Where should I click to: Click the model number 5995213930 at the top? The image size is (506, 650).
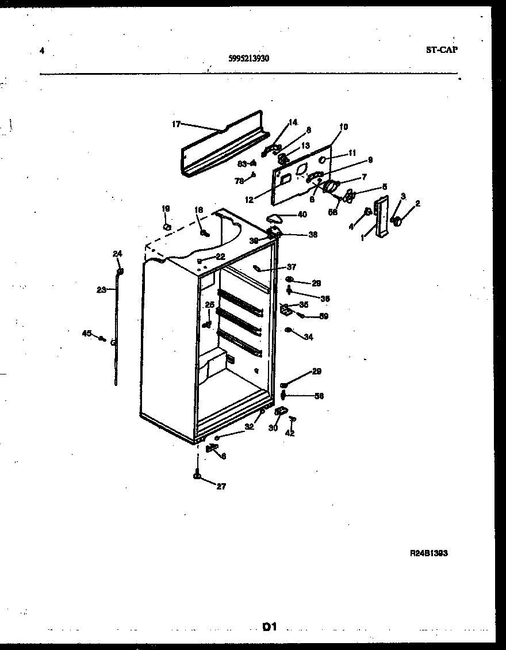248,58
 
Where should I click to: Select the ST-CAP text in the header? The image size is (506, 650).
442,49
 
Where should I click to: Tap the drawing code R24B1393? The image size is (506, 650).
428,553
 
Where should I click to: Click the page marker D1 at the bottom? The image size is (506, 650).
270,627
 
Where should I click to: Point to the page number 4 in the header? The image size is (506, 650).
42,50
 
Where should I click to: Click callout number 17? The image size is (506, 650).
177,124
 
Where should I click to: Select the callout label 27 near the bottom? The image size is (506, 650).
221,486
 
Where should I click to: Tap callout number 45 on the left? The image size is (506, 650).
87,332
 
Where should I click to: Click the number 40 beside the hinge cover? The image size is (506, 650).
302,215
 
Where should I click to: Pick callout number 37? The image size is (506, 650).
292,266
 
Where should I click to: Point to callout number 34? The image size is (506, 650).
309,337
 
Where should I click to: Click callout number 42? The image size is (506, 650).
290,433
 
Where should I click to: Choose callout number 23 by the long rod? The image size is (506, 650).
101,290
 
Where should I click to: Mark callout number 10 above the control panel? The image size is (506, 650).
344,127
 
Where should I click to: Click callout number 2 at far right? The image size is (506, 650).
417,203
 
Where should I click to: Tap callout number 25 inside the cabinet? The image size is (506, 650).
209,304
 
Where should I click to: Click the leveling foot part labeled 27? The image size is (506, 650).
197,475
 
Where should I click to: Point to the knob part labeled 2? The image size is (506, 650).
396,220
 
